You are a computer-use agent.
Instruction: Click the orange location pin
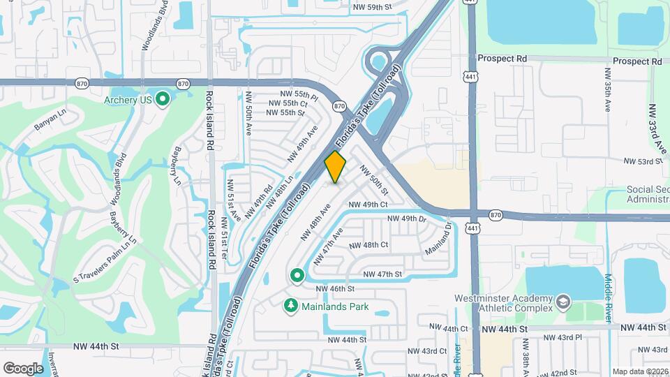[335, 166]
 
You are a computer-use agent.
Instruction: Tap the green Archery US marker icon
[163, 100]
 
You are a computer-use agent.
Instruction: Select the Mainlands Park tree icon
[291, 306]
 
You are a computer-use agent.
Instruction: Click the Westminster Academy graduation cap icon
[563, 302]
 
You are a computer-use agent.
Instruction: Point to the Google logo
[23, 368]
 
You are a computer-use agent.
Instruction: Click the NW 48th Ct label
[368, 245]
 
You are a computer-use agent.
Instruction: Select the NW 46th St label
[335, 288]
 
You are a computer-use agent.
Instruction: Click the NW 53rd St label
[643, 161]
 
